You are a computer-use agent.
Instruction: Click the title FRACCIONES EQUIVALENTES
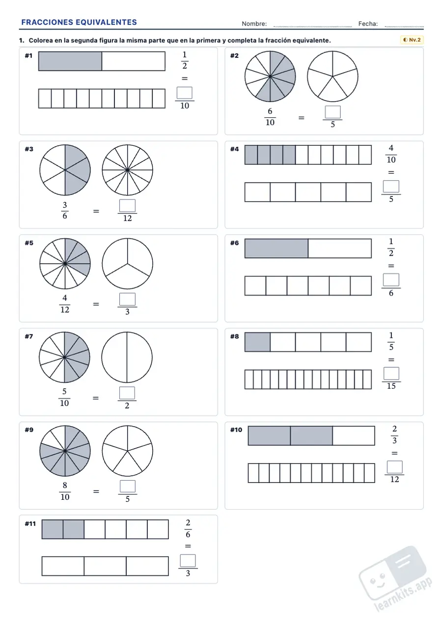[79, 22]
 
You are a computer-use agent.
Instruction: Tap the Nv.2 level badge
[412, 40]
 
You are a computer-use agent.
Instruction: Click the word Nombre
[254, 24]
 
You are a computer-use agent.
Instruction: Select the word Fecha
[368, 24]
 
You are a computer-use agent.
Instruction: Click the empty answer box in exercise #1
[185, 93]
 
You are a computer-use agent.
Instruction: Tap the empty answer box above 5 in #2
[332, 112]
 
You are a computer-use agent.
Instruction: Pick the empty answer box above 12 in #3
[127, 206]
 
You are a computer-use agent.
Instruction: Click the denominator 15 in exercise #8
[391, 386]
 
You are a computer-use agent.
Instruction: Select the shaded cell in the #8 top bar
[257, 342]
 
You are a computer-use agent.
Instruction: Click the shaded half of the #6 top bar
[276, 248]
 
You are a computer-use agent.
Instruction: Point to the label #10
[236, 430]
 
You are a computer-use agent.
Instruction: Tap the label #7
[29, 336]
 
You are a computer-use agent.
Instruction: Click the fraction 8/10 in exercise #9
[65, 491]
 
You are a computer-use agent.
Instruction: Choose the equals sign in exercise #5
[96, 304]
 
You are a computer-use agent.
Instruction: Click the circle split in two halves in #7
[127, 357]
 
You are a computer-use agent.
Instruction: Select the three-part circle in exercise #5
[127, 264]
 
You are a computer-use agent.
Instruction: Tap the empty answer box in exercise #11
[188, 561]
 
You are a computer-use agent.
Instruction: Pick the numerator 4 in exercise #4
[391, 148]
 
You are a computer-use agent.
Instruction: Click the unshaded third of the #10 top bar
[354, 436]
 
